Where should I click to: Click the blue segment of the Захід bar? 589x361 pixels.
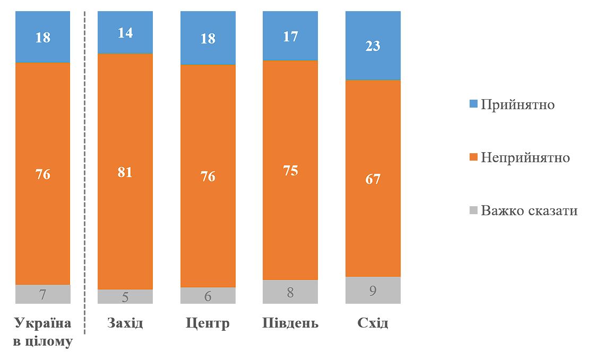click(x=125, y=32)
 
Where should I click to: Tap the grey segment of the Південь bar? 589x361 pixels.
click(x=290, y=292)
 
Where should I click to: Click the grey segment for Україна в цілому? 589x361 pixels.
click(x=43, y=294)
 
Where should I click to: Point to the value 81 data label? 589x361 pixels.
click(x=125, y=172)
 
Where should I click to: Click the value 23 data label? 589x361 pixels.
click(x=373, y=46)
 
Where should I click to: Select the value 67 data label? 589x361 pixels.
click(x=373, y=179)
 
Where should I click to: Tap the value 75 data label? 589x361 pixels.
click(x=290, y=171)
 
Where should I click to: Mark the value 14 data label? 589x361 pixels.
click(x=125, y=33)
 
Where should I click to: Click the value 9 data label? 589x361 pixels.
click(x=373, y=290)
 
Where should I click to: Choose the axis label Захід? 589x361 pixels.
click(x=125, y=323)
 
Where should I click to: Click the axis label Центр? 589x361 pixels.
click(x=208, y=323)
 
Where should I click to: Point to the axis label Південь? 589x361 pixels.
click(x=290, y=323)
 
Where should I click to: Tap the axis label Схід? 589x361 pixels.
click(x=373, y=323)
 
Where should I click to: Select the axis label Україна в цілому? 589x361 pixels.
click(x=43, y=332)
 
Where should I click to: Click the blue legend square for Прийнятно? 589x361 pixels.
click(x=474, y=104)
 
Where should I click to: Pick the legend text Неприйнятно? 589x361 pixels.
click(x=525, y=157)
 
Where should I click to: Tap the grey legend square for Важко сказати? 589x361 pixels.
click(x=474, y=211)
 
